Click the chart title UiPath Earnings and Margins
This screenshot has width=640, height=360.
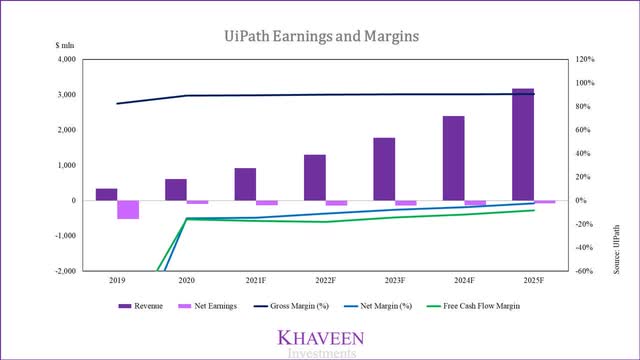pos(321,37)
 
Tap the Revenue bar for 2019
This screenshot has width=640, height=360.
pos(106,194)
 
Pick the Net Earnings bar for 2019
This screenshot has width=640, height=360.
pos(128,209)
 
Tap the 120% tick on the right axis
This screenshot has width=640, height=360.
pos(585,60)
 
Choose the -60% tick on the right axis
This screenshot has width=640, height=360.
pos(584,271)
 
